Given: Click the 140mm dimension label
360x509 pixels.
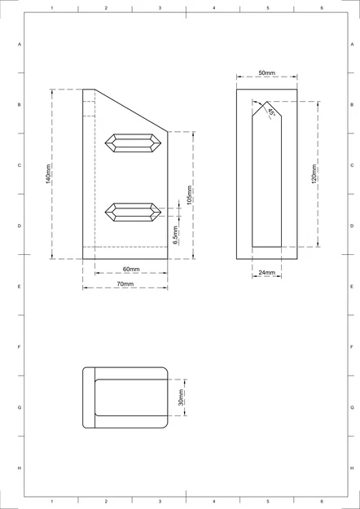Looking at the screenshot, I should coord(49,174).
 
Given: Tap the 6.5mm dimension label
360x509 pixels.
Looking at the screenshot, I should coord(175,235).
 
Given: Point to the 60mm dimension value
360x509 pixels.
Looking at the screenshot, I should coord(131,269).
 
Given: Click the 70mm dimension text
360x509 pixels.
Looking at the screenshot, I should coord(125,283).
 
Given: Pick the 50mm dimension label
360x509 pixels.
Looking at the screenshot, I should coord(266,73).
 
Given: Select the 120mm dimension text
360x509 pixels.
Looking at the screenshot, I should coord(314,174).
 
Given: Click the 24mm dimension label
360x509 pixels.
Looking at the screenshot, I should coord(266,273).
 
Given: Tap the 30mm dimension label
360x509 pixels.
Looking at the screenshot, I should coord(182,397).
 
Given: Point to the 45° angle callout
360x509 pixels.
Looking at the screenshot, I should coord(270,112).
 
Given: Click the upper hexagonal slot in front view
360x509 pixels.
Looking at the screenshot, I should coord(131,143).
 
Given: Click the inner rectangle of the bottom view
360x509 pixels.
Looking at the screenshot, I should coord(131,398).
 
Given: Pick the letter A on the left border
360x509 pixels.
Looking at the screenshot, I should coord(20,45).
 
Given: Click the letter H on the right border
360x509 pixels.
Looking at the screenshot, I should coord(351,467).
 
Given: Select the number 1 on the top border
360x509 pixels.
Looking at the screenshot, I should coord(52,7).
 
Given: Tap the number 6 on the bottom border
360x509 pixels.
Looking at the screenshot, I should coord(321,501).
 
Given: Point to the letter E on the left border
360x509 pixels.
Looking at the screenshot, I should coord(20,287).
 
